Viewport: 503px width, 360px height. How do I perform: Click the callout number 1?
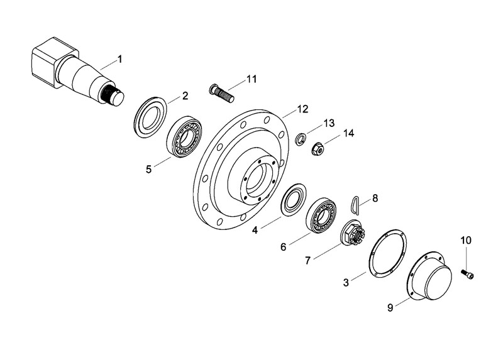[119, 59]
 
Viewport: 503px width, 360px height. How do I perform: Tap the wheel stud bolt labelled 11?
[221, 93]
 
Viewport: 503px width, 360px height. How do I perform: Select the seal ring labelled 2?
[150, 117]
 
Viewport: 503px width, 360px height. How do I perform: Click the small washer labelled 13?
[301, 139]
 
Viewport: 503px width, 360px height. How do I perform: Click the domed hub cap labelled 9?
[431, 276]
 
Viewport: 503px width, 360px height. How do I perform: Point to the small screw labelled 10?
[468, 274]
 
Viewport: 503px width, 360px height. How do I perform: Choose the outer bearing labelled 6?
[321, 215]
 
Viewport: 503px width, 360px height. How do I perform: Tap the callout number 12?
[302, 109]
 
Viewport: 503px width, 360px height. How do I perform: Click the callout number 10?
[466, 240]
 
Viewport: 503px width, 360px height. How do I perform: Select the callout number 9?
[390, 308]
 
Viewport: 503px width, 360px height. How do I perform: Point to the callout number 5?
[148, 169]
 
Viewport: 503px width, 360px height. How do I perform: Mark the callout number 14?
[349, 133]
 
